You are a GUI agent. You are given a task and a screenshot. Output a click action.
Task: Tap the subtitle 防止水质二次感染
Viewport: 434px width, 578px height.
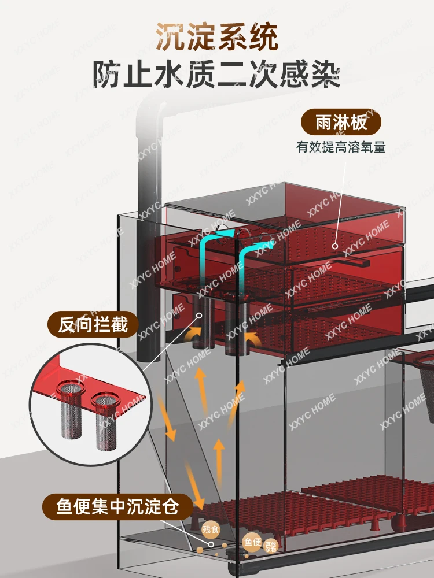216,73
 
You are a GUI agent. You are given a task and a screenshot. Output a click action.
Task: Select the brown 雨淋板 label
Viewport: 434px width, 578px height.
341,123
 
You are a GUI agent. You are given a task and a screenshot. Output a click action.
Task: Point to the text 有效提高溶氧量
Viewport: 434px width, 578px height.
341,147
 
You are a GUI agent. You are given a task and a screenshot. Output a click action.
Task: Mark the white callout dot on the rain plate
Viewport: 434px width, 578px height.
335,246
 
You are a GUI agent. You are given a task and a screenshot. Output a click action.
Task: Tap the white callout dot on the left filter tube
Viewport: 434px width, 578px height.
198,316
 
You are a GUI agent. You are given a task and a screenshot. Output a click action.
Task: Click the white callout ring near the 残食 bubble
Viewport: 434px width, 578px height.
211,544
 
